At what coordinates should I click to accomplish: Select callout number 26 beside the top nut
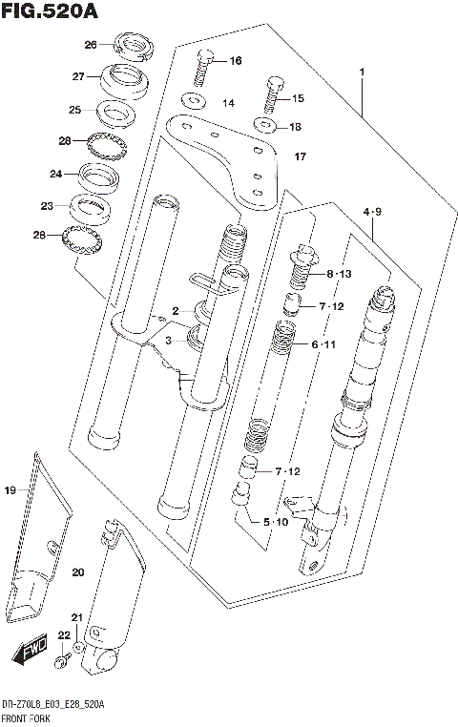pos(91,45)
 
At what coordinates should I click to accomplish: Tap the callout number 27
pos(79,76)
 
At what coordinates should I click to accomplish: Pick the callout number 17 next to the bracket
pos(300,156)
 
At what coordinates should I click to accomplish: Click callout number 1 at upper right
pos(363,73)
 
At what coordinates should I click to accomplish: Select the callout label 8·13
pos(339,274)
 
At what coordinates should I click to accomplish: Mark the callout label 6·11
pos(324,343)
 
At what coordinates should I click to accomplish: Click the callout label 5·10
pos(275,522)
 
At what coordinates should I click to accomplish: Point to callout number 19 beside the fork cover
pos(10,490)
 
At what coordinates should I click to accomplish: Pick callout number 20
pos(77,571)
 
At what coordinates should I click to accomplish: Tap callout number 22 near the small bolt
pos(63,635)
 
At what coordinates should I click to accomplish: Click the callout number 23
pos(48,205)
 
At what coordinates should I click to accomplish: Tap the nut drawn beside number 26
pos(130,45)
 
